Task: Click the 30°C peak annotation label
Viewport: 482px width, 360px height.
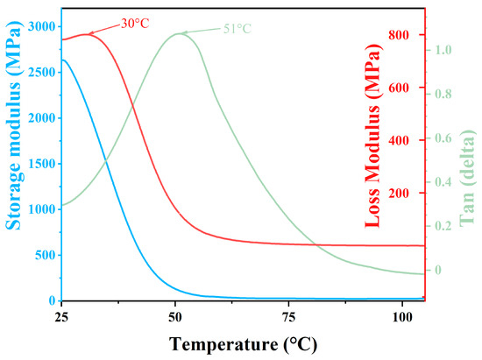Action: (x=135, y=24)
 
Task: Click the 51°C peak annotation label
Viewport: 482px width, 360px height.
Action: (x=237, y=29)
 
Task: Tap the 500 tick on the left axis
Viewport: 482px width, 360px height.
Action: (x=46, y=255)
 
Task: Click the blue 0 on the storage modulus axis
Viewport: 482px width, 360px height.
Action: (x=53, y=300)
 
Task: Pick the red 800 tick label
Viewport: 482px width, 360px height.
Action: (x=399, y=35)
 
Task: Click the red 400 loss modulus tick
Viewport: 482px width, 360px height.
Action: (x=399, y=140)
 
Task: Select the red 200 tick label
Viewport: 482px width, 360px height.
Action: (x=399, y=194)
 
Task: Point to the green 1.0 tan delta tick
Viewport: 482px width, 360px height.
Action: (x=443, y=50)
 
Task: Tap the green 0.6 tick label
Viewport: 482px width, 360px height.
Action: (x=443, y=138)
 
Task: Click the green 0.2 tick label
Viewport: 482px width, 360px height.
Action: (x=443, y=226)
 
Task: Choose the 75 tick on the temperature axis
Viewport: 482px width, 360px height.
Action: (x=288, y=317)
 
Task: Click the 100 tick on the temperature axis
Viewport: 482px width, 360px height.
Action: (x=402, y=317)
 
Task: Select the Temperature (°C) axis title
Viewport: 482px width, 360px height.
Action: (x=243, y=344)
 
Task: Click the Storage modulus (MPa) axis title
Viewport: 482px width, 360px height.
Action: (x=14, y=125)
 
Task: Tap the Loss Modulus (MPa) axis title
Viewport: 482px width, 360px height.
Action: (x=372, y=136)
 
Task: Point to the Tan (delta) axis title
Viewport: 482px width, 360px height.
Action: (x=467, y=178)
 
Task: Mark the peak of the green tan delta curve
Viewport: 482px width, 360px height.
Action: (x=179, y=33)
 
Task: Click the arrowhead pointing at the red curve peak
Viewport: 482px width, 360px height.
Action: (x=91, y=33)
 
